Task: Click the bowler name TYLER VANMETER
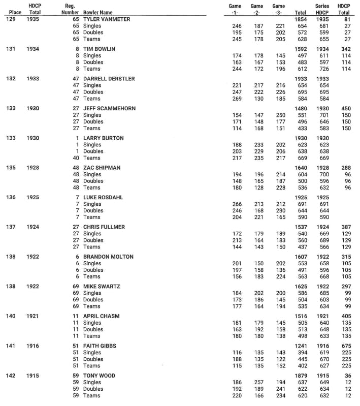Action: point(106,19)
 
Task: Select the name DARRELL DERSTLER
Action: point(109,79)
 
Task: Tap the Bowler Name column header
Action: point(98,12)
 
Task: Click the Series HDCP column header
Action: point(322,9)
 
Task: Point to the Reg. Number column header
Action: point(70,9)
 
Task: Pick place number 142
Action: point(11,376)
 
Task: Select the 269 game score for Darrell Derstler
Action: point(236,99)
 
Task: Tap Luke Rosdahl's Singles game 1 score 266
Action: point(236,204)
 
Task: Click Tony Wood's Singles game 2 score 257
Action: point(258,383)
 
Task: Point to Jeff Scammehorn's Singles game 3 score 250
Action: point(280,115)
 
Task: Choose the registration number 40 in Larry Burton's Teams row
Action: point(75,158)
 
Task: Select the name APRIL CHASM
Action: point(101,316)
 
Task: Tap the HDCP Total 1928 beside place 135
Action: point(35,168)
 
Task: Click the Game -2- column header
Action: point(257,9)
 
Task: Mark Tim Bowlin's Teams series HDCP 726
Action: point(322,69)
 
